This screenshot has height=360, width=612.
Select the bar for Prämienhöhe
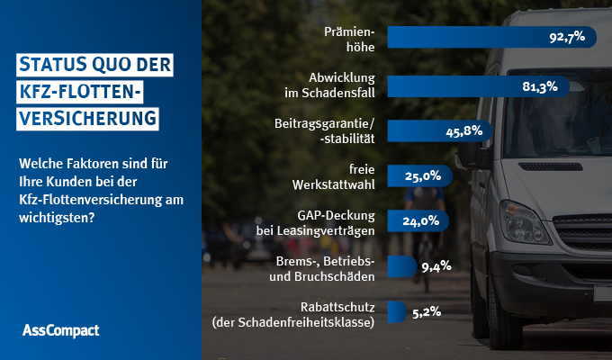pos(468,37)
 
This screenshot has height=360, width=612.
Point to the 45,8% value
pos(465,130)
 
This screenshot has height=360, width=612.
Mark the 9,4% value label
pos(435,266)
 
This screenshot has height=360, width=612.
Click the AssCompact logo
pos(60,330)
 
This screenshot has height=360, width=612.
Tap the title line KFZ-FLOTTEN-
pos(81,92)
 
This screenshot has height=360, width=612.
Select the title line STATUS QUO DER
pos(94,65)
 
